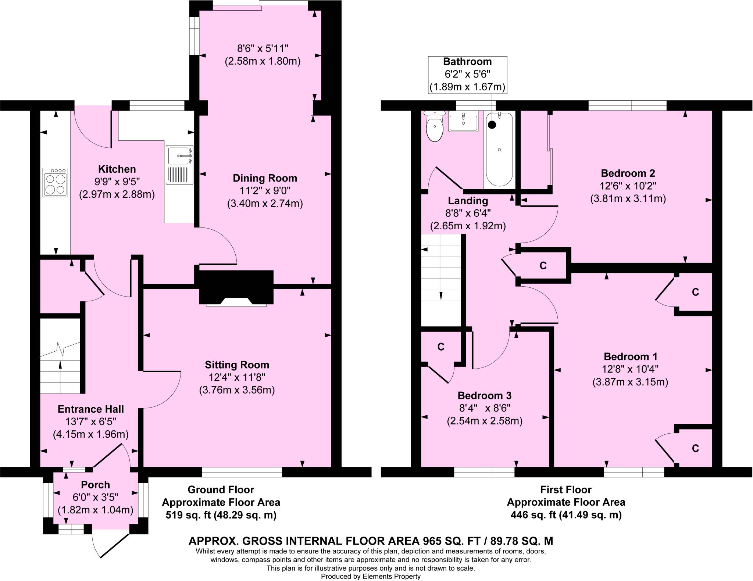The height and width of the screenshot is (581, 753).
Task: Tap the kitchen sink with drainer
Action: pos(179,165)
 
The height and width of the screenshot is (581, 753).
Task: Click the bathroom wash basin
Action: pos(463,121)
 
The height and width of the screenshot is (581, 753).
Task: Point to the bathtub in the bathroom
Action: pos(499,149)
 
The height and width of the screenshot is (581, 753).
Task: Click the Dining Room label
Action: pos(265,178)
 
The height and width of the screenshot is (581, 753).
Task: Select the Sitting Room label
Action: pos(237,365)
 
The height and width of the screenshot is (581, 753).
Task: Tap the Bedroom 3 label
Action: pos(484,395)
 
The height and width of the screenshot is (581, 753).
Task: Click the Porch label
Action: pos(95,485)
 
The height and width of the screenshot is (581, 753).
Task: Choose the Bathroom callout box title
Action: pos(467,62)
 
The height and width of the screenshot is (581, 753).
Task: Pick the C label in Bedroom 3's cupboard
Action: pos(441,347)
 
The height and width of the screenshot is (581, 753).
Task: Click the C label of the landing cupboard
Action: pos(543,265)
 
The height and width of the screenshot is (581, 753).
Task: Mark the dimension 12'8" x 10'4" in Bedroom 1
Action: pos(630,369)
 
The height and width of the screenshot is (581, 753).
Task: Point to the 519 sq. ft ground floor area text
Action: pos(221,515)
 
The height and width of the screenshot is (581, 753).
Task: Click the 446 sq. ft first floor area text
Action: pos(566,515)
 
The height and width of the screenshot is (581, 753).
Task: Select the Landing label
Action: pos(468,201)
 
